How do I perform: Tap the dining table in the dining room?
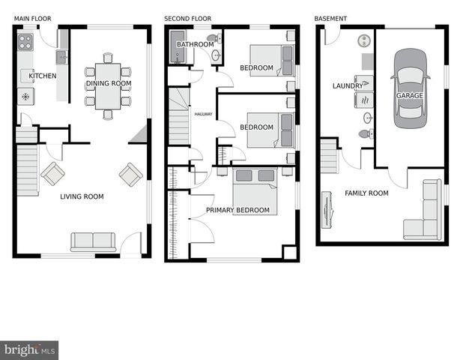point(108,86)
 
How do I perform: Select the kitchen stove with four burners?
point(25,40)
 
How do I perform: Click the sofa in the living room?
point(93,241)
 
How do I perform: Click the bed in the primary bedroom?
point(255,190)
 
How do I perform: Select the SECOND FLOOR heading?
point(188,18)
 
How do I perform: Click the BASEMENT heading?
point(330,18)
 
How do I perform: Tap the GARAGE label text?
point(410,96)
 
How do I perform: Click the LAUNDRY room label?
point(348,86)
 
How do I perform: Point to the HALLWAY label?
point(203,115)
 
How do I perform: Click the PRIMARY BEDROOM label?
point(237,210)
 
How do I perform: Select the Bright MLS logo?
point(29,350)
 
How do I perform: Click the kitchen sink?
point(61,57)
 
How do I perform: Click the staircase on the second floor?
point(178,116)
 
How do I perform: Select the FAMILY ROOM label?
point(366,193)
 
